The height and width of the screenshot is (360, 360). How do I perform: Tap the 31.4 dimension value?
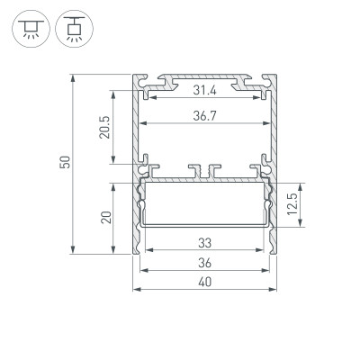click(205, 90)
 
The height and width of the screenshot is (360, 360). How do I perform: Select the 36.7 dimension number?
click(205, 113)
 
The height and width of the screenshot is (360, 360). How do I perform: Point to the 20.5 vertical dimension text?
click(103, 127)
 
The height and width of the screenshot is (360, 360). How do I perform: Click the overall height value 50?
click(63, 162)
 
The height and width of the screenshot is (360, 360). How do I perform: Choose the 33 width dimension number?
click(205, 241)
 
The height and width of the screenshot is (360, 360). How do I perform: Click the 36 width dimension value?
click(205, 263)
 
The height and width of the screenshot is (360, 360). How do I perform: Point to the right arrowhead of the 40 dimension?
click(274, 290)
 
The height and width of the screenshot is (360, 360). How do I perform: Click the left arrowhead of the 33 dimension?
click(148, 249)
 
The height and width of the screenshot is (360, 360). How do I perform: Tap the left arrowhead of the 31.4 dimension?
click(148, 98)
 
